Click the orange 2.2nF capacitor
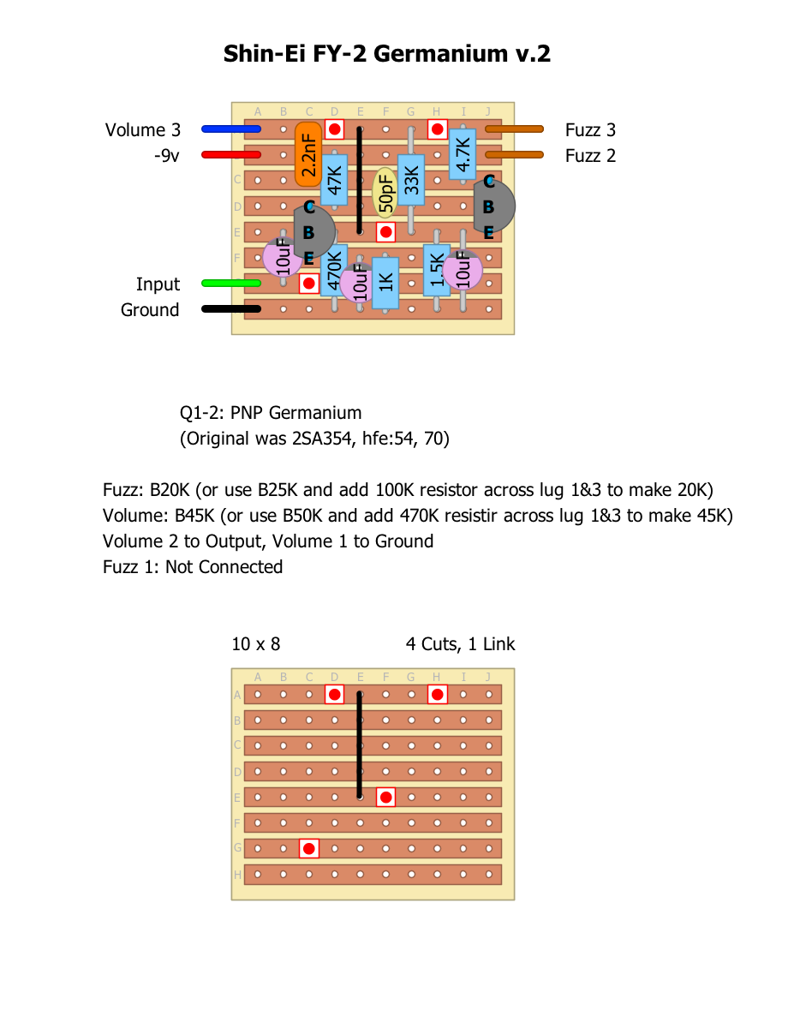click(308, 154)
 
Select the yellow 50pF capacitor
click(385, 192)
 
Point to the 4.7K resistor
click(463, 155)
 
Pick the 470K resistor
click(334, 271)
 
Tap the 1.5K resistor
click(437, 271)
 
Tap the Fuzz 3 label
click(590, 130)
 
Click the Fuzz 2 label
click(590, 156)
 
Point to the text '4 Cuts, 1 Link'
click(460, 644)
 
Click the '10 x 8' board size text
click(255, 644)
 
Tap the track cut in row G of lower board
click(309, 849)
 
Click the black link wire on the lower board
click(360, 745)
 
